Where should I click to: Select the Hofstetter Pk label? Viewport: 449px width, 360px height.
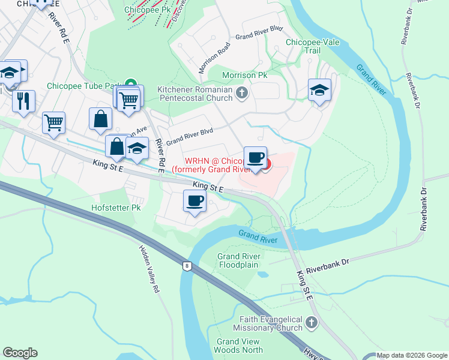(x=116, y=208)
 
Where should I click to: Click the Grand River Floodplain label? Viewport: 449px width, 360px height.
(x=237, y=260)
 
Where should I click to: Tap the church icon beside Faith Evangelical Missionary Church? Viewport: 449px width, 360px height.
(x=311, y=323)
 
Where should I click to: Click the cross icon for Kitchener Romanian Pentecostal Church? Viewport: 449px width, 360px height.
(x=242, y=93)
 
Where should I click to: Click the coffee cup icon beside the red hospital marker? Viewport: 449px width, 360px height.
(x=255, y=157)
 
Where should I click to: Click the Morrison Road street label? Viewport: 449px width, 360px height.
(x=215, y=57)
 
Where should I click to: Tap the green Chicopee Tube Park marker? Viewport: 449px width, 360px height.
(x=131, y=85)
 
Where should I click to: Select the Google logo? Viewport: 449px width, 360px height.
(x=20, y=353)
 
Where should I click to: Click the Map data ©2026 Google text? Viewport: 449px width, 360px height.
(x=412, y=355)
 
